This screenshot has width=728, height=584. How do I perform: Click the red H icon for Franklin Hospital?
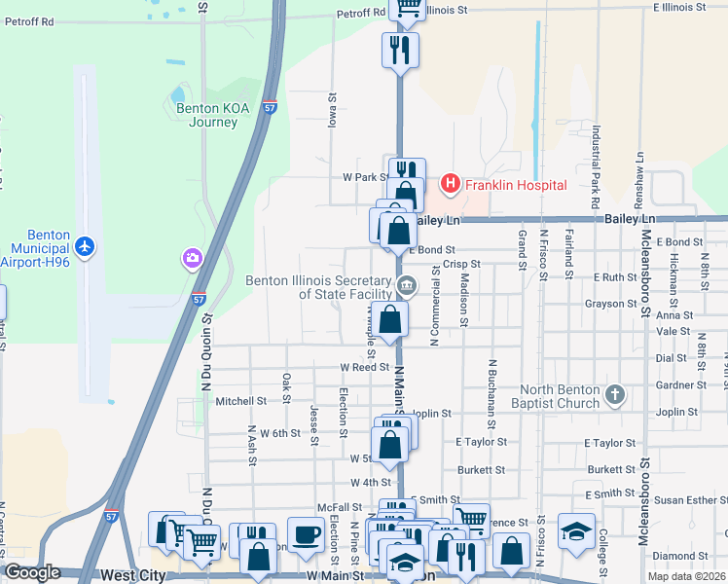450,183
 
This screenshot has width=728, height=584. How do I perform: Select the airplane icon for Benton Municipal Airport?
85,246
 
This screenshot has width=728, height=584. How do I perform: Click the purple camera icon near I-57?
192,258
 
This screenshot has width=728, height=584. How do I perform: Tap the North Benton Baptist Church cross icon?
613,394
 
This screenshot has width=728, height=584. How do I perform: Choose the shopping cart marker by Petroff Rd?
408,8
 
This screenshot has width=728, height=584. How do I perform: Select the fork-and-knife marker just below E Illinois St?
400,49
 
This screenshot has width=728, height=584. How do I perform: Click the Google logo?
32,572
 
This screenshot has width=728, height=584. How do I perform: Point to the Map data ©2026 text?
686,576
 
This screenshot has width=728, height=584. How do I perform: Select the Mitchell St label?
240,401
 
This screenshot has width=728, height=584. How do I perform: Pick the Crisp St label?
461,264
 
